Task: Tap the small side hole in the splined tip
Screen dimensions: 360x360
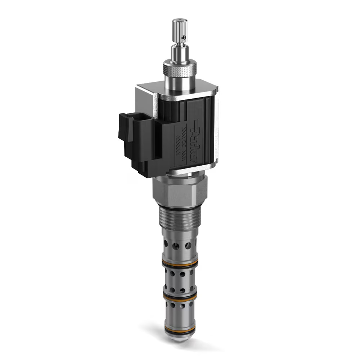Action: [x=184, y=37]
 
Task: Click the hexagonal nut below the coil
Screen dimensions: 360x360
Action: [x=179, y=191]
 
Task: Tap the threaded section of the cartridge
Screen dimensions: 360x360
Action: [x=179, y=220]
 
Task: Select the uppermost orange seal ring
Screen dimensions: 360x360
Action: [x=180, y=262]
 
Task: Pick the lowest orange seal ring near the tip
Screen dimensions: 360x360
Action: [x=180, y=329]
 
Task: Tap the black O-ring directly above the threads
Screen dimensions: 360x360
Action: [x=179, y=208]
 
